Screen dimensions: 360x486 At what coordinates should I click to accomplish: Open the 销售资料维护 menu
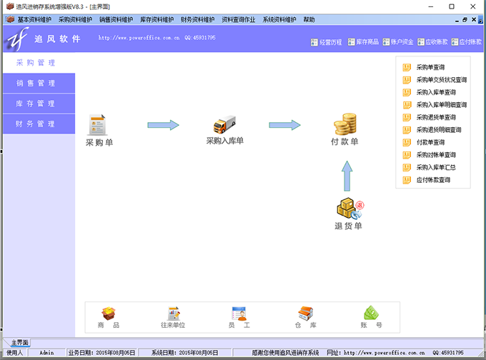(x=115, y=20)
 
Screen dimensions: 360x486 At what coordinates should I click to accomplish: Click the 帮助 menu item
(x=309, y=20)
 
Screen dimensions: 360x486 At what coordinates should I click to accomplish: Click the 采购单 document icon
(x=97, y=125)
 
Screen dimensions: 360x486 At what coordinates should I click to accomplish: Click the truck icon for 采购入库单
(x=224, y=124)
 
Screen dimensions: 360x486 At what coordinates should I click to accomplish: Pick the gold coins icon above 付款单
(x=344, y=124)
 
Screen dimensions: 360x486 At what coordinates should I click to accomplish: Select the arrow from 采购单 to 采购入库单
(x=162, y=125)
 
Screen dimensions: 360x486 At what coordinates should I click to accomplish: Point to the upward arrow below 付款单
(x=346, y=176)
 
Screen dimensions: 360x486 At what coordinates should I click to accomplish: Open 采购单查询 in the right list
(x=436, y=68)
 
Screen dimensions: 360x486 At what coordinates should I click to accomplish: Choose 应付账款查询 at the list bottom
(x=433, y=180)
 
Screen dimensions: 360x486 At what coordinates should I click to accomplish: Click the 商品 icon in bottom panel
(x=109, y=314)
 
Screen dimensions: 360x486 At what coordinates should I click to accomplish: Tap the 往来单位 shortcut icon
(x=173, y=314)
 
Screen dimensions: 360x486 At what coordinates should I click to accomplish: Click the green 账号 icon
(x=371, y=314)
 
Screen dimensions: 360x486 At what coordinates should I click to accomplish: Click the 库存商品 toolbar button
(x=363, y=42)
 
